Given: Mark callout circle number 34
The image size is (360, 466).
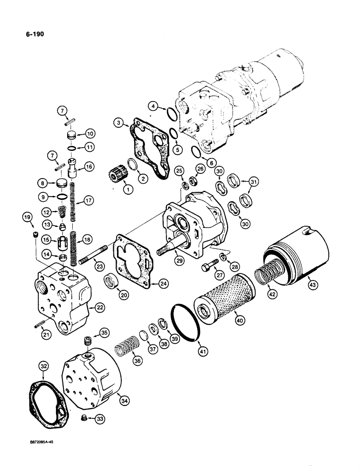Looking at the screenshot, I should (125, 400).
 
